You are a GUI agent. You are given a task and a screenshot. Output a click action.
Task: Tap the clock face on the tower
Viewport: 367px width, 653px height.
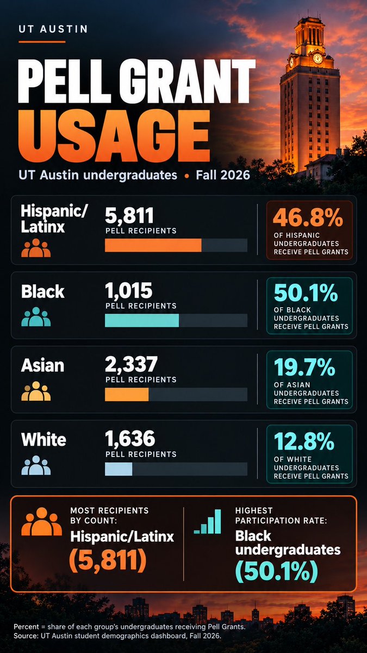tap(318, 58)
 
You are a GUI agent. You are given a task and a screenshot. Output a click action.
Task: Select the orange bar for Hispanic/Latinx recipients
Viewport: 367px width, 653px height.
tap(153, 245)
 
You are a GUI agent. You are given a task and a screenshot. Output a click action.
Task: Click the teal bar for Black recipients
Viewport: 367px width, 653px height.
tap(142, 320)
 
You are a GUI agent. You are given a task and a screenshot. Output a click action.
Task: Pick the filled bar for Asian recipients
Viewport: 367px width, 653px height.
tap(127, 394)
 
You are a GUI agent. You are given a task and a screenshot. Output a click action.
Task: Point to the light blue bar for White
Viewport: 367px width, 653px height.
tap(119, 468)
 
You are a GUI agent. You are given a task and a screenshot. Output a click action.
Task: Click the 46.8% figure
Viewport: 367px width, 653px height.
tap(308, 218)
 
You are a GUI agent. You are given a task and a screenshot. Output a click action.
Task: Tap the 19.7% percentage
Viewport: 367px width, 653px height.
tap(305, 368)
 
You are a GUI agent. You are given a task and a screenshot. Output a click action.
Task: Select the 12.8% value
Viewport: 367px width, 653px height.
tap(304, 442)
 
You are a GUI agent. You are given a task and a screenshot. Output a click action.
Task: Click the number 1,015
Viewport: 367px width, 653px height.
tap(128, 291)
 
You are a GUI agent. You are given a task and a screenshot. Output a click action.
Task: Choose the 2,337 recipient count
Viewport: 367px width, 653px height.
tap(132, 365)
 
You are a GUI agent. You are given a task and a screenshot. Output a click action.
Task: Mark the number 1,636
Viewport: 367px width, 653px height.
tap(130, 438)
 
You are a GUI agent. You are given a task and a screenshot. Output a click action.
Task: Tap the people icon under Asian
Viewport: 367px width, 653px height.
tap(36, 391)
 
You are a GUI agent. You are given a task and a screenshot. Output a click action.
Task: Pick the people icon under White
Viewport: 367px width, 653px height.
tap(36, 465)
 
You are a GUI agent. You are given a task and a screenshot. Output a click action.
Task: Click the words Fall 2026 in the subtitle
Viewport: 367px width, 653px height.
tap(223, 175)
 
